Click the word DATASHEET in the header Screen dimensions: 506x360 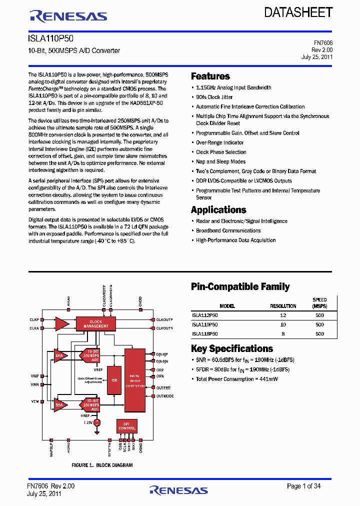tap(299, 12)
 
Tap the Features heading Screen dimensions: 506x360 tap(210, 76)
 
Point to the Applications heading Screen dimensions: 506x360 tap(218, 210)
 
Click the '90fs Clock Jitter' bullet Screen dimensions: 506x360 tap(214, 97)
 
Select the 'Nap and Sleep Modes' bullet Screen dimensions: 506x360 tap(220, 161)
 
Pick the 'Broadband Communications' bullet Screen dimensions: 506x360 tap(228, 230)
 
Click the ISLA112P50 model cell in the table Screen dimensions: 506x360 tap(205, 315)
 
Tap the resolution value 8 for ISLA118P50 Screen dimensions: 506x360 tap(283, 333)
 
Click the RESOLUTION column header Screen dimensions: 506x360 tap(283, 306)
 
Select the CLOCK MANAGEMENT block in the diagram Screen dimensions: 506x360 tap(95, 323)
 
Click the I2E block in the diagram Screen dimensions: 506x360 tap(114, 380)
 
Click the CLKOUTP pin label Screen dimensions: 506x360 tap(164, 319)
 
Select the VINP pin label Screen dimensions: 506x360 tap(34, 375)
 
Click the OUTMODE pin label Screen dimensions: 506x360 tap(165, 396)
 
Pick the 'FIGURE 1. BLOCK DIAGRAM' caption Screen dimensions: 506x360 tap(102, 465)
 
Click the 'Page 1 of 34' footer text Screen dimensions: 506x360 tap(304, 486)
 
